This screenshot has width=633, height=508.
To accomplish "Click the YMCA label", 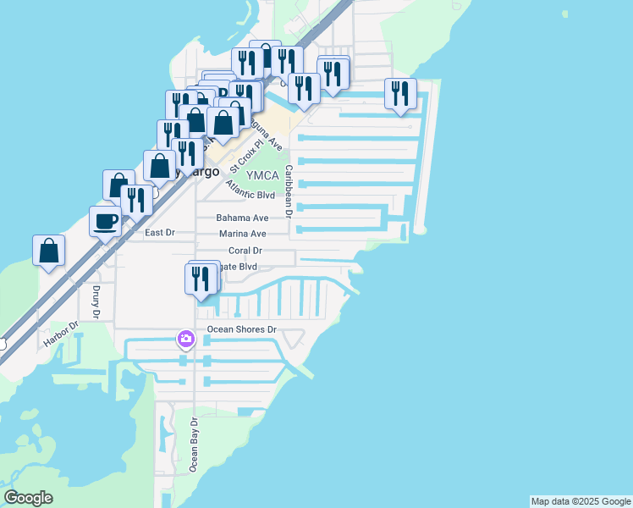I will coord(261,175).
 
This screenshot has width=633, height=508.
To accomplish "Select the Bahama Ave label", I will coord(242,218).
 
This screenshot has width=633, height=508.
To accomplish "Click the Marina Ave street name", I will coord(242,234).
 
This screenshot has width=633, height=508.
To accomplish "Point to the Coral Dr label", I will coord(245,251).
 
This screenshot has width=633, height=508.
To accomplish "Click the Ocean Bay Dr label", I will coord(194,444).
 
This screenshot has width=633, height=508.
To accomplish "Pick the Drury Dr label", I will coord(95,302).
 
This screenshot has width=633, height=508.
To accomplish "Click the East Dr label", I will coord(159,232).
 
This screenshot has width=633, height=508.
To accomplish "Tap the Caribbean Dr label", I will coord(288,191).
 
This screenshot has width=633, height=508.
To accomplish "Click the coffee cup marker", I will coord(105,222).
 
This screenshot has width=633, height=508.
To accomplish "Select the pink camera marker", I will coord(185,340).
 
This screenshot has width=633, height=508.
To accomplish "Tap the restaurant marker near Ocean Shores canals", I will coord(201,279).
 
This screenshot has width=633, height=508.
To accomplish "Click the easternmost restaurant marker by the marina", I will coord(400,93).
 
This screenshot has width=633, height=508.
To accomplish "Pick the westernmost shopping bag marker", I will coord(49,251).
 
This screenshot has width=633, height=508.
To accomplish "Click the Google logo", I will coord(28,499).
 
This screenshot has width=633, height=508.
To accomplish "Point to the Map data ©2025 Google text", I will coord(581,501).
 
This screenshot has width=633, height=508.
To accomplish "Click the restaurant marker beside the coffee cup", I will coord(135,201).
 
